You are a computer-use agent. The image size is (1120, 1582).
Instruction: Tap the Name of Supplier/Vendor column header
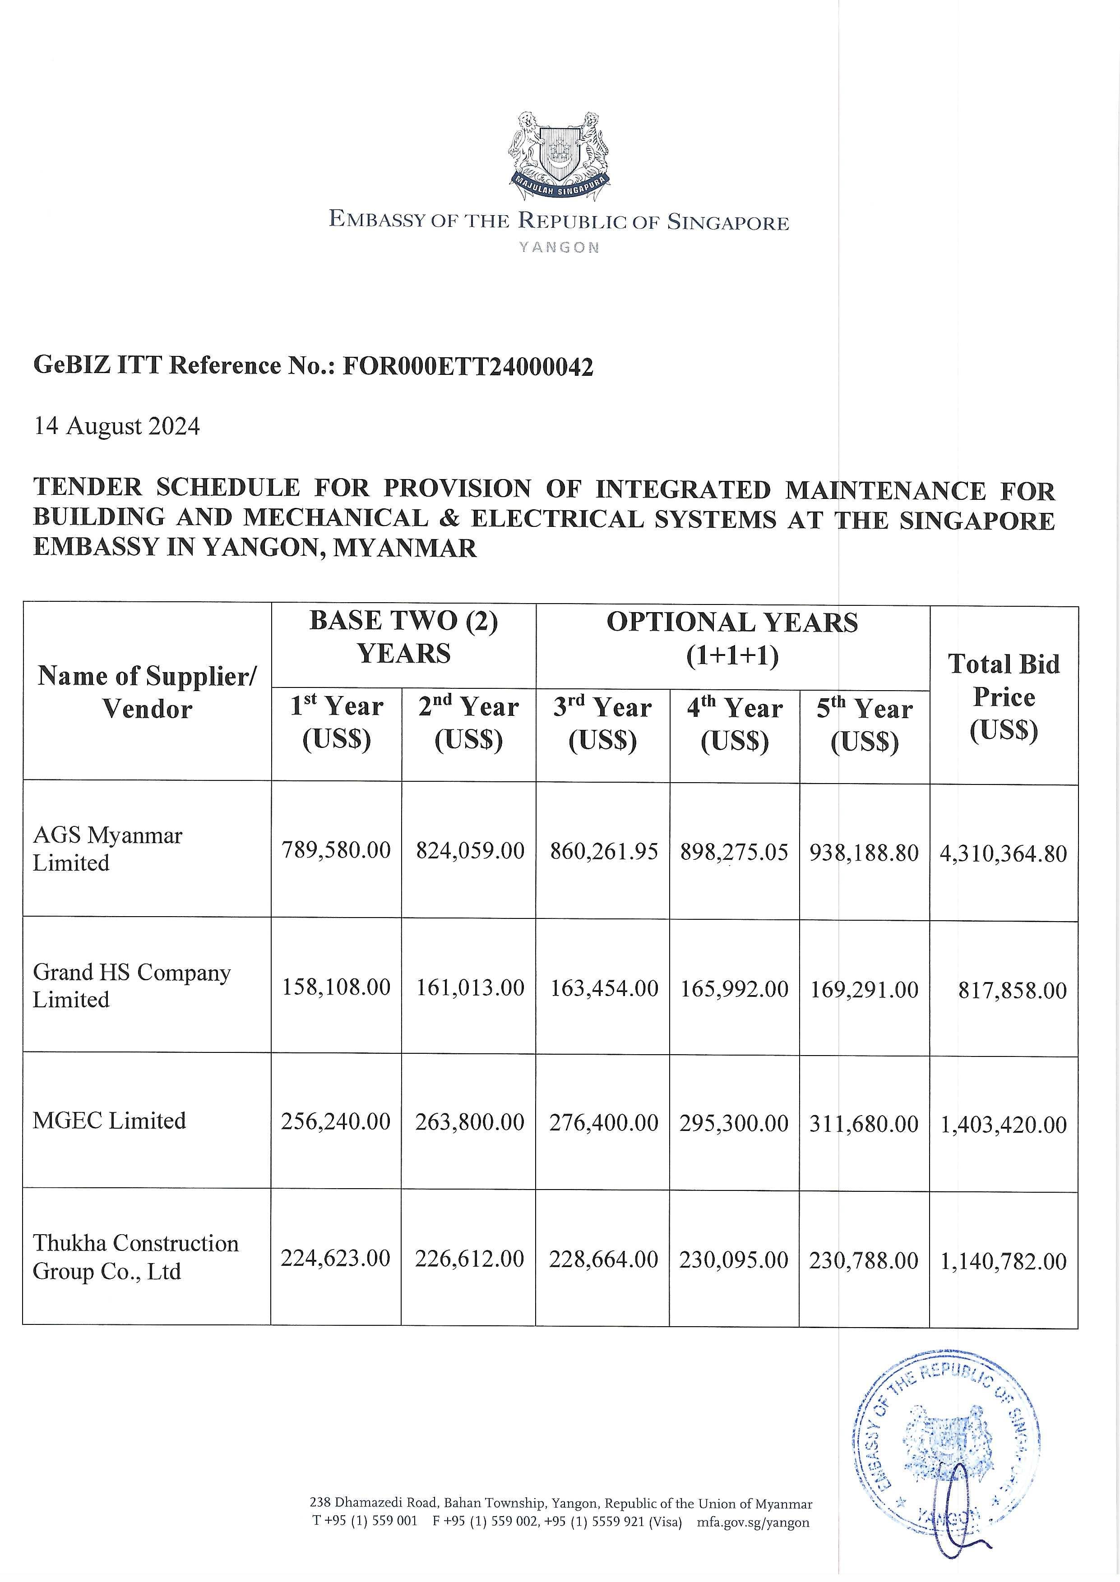pos(147,692)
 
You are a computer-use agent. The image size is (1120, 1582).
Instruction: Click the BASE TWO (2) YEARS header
pos(403,637)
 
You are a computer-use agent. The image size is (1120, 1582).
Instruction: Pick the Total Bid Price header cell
pos(1004,696)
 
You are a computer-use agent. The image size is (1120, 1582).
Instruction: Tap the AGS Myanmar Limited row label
pos(107,849)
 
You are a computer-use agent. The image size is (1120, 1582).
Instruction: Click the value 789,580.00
pos(336,850)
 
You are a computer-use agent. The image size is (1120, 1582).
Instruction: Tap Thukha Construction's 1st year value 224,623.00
pos(335,1259)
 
